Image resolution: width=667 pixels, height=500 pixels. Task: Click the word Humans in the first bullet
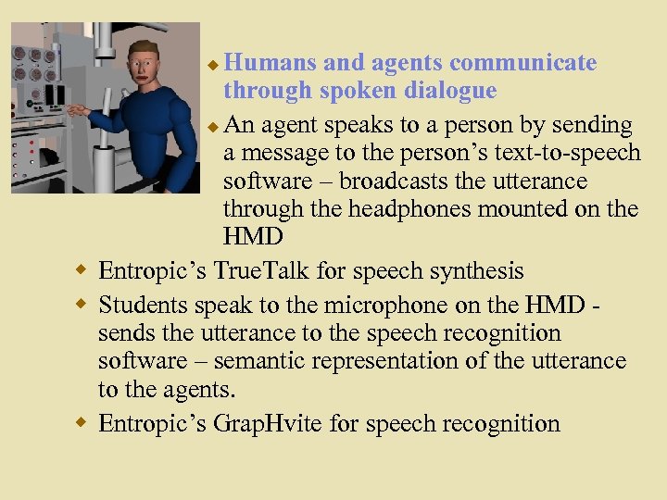(x=270, y=63)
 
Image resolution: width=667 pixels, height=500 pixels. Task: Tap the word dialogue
(x=446, y=91)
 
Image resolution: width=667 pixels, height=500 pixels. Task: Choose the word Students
(x=145, y=303)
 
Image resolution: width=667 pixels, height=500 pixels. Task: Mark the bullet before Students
(x=82, y=302)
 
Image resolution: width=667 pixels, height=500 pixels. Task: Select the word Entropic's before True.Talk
(x=153, y=272)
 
